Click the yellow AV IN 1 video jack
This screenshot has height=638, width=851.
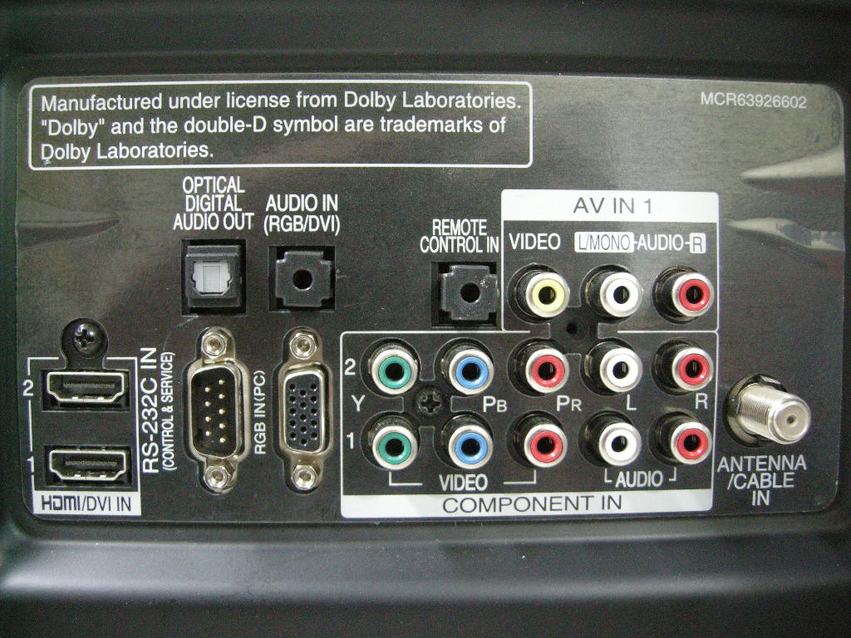click(x=542, y=293)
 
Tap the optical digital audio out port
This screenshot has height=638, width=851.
click(x=213, y=275)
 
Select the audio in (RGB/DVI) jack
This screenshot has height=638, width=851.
click(x=303, y=276)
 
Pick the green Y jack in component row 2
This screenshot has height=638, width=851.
click(x=392, y=369)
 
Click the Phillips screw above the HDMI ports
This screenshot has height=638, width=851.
click(x=86, y=336)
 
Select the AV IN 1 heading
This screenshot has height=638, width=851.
click(x=608, y=205)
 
